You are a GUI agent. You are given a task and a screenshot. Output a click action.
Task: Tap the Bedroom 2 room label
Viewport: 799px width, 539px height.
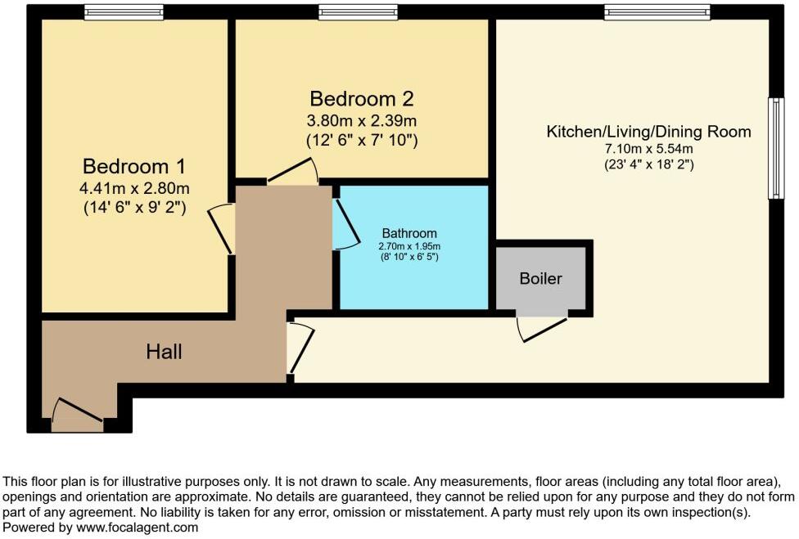click(361, 99)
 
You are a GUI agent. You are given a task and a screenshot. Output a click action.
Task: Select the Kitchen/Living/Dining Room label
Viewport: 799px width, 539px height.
click(648, 132)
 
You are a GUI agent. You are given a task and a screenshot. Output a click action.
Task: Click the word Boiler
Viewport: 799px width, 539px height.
click(541, 279)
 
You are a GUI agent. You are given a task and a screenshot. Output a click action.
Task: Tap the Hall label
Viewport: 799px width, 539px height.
click(164, 353)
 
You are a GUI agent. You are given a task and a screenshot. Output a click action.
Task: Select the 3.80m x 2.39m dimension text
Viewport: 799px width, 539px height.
click(361, 121)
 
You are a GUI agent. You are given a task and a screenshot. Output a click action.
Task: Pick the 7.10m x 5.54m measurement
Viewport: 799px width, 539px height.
click(648, 149)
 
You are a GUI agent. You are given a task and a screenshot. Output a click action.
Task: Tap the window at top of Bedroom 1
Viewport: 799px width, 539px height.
click(123, 12)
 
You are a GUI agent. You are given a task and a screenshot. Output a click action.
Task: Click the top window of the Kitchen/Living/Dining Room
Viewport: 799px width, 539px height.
click(657, 12)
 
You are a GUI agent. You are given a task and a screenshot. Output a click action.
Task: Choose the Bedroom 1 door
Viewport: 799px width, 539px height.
click(221, 229)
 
